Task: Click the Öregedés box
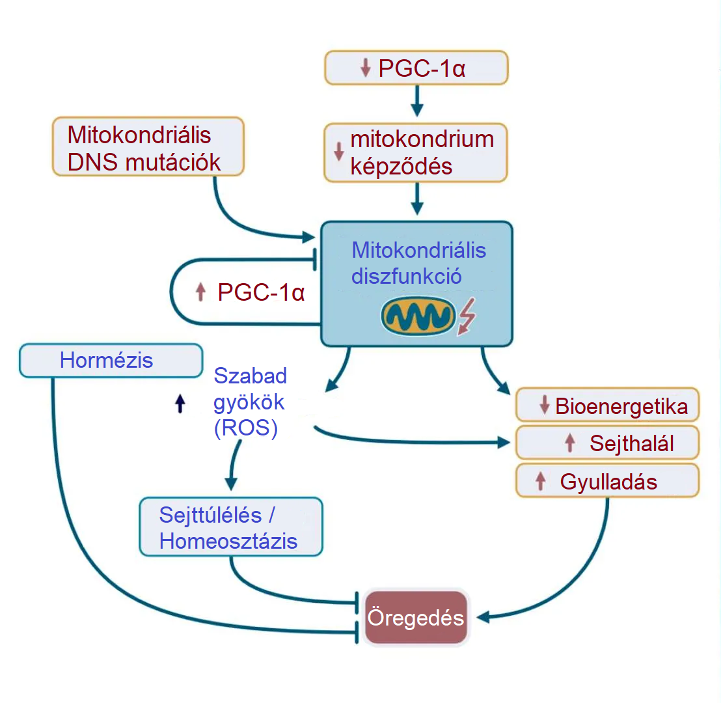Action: click(416, 617)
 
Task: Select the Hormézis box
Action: click(111, 361)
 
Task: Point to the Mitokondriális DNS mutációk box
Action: click(148, 147)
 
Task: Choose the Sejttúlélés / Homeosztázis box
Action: click(231, 528)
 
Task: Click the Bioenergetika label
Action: click(621, 407)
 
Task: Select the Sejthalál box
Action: click(607, 443)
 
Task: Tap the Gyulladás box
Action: click(607, 482)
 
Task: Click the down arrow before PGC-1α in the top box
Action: click(365, 68)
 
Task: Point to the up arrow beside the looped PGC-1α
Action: click(200, 293)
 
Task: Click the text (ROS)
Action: click(246, 429)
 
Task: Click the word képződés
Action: click(401, 167)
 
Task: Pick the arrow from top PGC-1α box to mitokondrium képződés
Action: click(417, 100)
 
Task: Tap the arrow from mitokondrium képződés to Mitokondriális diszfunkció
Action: click(417, 199)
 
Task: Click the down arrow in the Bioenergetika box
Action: click(545, 406)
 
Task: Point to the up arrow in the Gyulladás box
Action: click(539, 481)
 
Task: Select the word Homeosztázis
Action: click(228, 542)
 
